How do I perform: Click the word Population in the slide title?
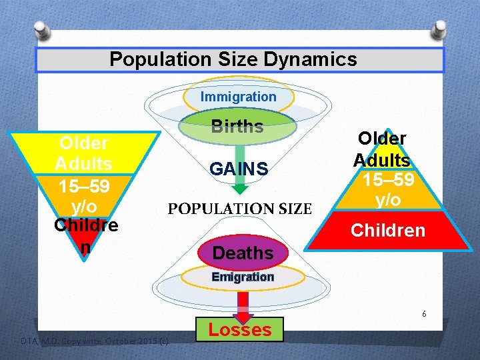coord(151,59)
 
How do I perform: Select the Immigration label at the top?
coord(239,97)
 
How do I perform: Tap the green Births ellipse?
coord(237,127)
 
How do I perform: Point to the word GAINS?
coord(239,169)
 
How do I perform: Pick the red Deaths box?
coord(243,253)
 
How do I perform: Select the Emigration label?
coord(243,277)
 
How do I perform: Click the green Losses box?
coord(240,329)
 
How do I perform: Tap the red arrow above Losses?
coord(243,303)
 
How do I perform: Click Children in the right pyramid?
coord(388,231)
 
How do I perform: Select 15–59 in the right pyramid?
coord(387,180)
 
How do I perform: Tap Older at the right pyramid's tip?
coord(382,137)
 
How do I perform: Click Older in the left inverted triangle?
coord(84,143)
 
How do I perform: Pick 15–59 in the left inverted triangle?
coord(84,184)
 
